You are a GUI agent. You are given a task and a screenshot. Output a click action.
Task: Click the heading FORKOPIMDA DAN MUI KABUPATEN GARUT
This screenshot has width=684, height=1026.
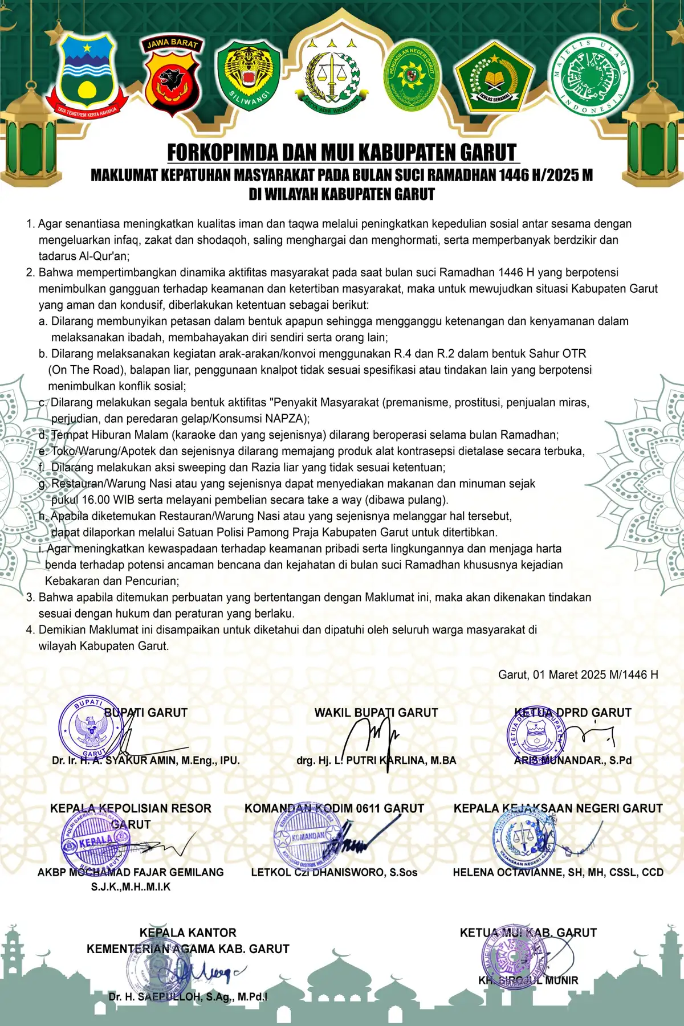[342, 153]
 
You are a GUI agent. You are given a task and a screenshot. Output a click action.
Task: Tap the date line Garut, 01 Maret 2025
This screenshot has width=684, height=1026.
[578, 675]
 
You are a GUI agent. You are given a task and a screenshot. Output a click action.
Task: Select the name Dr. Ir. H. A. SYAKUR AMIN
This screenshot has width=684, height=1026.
[145, 760]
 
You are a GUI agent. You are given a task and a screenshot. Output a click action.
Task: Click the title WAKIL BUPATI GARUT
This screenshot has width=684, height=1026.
[376, 713]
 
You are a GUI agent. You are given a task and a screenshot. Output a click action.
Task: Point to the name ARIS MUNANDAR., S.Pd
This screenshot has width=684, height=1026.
[573, 760]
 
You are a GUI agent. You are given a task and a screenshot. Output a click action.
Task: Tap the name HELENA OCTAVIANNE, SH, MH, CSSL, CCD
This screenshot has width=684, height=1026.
[558, 872]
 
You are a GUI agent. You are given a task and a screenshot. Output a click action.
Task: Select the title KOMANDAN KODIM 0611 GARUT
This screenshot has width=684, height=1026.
[334, 808]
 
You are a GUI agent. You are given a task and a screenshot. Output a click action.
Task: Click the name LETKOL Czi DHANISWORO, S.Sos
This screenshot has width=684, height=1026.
[334, 872]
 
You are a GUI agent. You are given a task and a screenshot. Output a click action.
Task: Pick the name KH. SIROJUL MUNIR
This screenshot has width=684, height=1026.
[528, 980]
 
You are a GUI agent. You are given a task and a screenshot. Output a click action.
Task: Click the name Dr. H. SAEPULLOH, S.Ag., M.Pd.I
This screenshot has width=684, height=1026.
[188, 996]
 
